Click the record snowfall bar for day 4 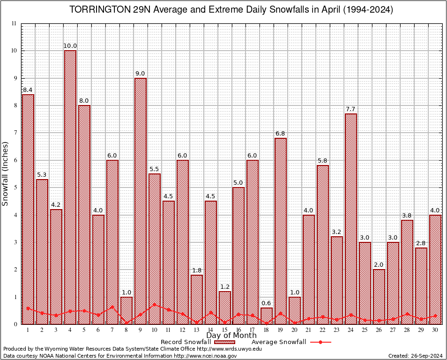click(70, 187)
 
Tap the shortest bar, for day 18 click(267, 316)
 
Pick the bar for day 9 click(141, 201)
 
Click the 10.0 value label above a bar click(70, 45)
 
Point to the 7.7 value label click(351, 109)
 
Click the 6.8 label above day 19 click(281, 134)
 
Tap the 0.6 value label click(267, 303)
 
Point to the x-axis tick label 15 click(224, 330)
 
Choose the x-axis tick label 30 click(435, 330)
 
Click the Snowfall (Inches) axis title click(6, 173)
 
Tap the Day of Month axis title click(231, 336)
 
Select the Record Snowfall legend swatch click(224, 342)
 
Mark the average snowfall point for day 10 click(155, 304)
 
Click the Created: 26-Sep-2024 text click(415, 356)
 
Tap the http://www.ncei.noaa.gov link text click(205, 356)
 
